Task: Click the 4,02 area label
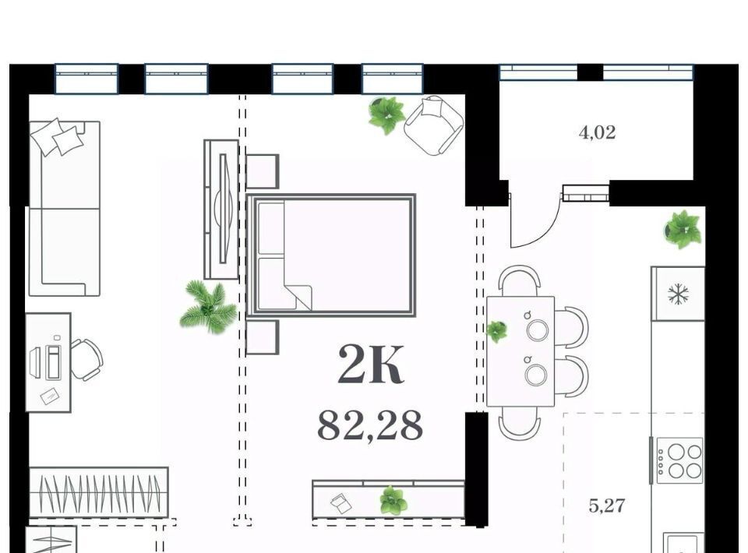pyautogui.click(x=598, y=132)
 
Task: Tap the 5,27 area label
pyautogui.click(x=607, y=505)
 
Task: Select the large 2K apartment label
pyautogui.click(x=371, y=365)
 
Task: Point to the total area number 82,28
pyautogui.click(x=370, y=426)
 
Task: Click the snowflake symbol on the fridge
pyautogui.click(x=679, y=294)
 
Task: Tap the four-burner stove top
pyautogui.click(x=679, y=460)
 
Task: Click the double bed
pyautogui.click(x=332, y=255)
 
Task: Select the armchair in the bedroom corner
pyautogui.click(x=434, y=125)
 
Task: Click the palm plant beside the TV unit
pyautogui.click(x=209, y=307)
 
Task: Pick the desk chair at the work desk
pyautogui.click(x=86, y=360)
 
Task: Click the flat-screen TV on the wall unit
pyautogui.click(x=224, y=208)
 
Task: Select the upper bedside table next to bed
pyautogui.click(x=263, y=171)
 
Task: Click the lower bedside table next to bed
pyautogui.click(x=263, y=337)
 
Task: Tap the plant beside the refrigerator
pyautogui.click(x=683, y=229)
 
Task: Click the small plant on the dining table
pyautogui.click(x=496, y=331)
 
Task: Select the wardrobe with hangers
pyautogui.click(x=99, y=492)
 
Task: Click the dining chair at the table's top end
pyautogui.click(x=520, y=280)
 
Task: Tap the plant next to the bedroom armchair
pyautogui.click(x=387, y=115)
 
